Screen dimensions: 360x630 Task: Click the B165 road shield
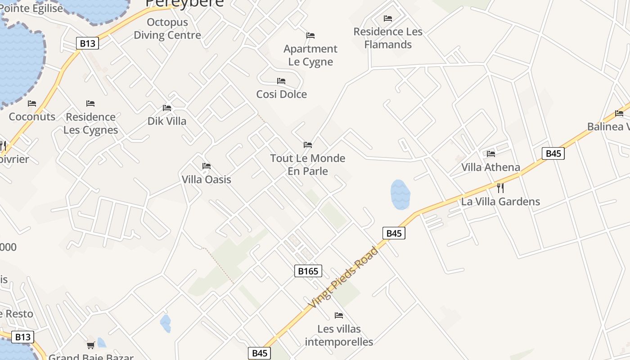point(308,271)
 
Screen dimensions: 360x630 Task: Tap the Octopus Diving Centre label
point(167,28)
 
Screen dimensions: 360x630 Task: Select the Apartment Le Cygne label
point(310,55)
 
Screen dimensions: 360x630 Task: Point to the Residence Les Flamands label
point(388,38)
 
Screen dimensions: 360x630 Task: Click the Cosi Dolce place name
point(282,94)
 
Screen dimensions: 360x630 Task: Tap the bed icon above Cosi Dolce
point(281,81)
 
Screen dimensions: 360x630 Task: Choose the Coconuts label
point(32,117)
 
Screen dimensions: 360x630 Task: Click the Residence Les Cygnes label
point(90,123)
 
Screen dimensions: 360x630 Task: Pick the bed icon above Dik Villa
point(167,108)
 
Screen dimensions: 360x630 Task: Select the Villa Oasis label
point(207,180)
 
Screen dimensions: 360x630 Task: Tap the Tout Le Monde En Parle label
point(308,164)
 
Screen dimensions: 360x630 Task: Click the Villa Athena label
point(490,167)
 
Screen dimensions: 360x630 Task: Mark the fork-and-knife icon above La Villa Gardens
point(500,188)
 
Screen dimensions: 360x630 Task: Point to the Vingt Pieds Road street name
point(343,278)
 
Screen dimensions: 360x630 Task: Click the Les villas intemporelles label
point(339,335)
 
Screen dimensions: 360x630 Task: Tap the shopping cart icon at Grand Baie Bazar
point(91,345)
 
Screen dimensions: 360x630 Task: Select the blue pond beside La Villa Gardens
point(400,194)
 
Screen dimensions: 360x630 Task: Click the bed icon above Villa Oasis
point(207,166)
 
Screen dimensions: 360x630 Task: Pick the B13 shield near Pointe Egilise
point(87,43)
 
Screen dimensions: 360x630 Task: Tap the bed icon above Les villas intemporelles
point(339,315)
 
